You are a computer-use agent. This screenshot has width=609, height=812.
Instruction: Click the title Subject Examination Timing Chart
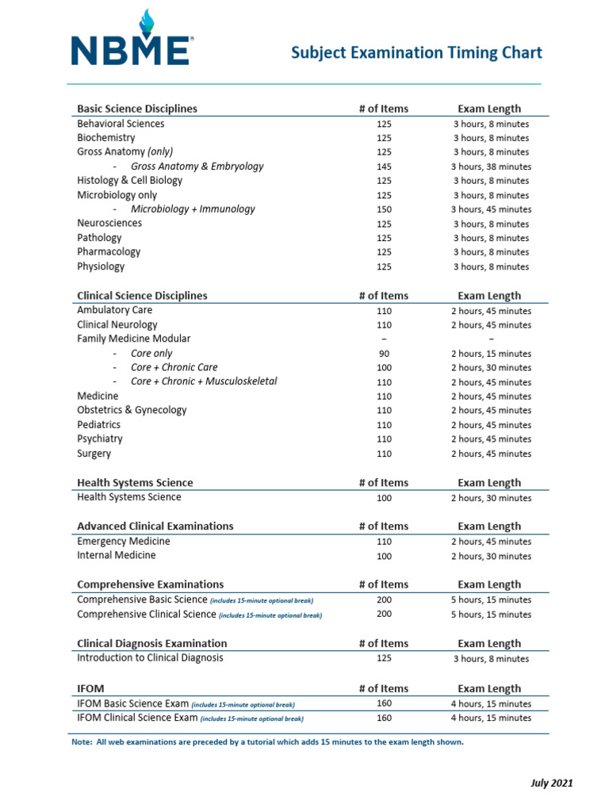[416, 53]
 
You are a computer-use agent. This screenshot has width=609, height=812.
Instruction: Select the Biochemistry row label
[106, 138]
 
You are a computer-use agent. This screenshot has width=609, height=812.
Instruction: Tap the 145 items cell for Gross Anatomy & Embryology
[384, 167]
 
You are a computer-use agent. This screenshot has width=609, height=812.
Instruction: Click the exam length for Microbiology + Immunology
[491, 210]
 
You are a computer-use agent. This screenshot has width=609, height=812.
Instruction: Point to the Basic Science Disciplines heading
[137, 109]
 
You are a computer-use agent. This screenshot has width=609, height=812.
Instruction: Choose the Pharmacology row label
[109, 252]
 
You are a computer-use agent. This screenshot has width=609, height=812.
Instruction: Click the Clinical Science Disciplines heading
[142, 296]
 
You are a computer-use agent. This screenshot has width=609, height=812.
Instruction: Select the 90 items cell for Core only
[384, 354]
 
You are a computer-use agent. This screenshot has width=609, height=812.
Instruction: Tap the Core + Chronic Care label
[174, 368]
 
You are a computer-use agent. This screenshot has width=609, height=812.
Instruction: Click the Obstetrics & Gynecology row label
[132, 411]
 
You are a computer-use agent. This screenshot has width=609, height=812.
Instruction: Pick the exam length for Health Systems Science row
[491, 499]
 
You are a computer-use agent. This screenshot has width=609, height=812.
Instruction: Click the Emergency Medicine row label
[123, 542]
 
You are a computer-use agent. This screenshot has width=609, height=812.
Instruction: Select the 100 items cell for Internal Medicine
[384, 557]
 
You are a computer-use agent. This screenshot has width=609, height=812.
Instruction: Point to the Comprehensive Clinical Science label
[147, 615]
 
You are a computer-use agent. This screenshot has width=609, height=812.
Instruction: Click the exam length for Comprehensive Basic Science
[491, 600]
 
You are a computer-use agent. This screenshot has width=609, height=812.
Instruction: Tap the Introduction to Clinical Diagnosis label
[150, 658]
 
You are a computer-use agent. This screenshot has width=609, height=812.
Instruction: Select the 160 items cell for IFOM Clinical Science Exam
[384, 718]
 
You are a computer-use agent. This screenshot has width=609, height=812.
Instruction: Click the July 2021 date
[551, 783]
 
